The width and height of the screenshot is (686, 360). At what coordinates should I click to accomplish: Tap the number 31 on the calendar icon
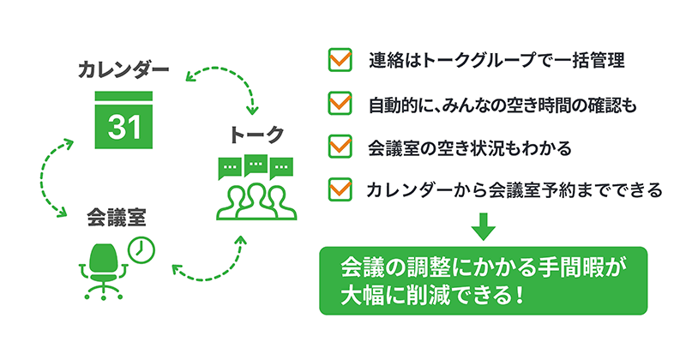click(x=123, y=128)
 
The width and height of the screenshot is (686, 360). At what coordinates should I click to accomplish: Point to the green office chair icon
click(x=104, y=267)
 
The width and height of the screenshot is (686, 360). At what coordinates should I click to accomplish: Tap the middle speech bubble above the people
click(x=255, y=164)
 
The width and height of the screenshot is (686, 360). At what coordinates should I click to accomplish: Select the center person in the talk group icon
click(x=255, y=199)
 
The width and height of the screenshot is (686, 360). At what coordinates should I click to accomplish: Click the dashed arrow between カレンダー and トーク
click(x=225, y=84)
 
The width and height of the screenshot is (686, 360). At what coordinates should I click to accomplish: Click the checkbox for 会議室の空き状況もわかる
click(x=341, y=146)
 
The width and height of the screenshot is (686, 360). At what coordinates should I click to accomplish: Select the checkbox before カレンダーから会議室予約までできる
click(x=341, y=189)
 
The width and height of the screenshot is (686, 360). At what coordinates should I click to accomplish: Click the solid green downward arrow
click(x=484, y=225)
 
